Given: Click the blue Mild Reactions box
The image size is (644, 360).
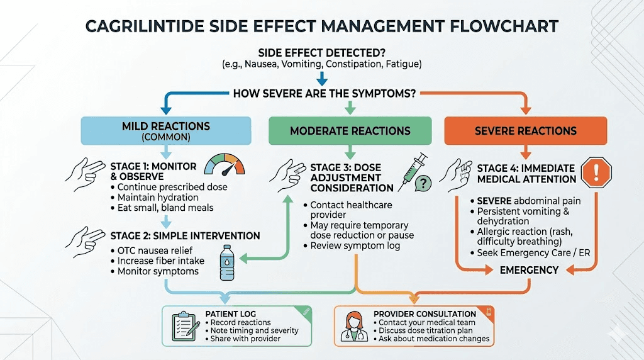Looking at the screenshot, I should point(166,131).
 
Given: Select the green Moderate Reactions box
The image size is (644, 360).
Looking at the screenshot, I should point(350,131).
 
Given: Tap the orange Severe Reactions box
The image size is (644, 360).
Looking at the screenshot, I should point(525,131).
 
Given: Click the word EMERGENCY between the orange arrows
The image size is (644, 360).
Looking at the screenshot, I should point(529,270).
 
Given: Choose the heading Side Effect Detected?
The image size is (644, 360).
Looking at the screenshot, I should point(321,53).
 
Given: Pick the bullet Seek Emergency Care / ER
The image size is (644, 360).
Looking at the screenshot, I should point(533,253).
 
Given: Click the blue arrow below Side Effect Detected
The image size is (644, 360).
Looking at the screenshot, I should point(321,78).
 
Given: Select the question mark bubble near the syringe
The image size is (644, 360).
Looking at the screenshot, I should point(425,183).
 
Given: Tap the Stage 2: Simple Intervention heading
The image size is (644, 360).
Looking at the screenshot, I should point(185,236).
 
